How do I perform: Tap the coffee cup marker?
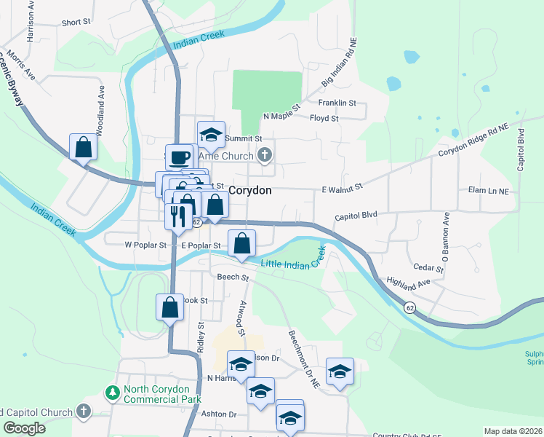(180, 157)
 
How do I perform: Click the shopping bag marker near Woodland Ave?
(84, 146)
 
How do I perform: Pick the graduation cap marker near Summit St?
(211, 133)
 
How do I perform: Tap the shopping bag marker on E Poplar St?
(242, 243)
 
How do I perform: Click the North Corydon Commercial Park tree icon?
(112, 393)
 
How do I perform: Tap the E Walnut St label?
(342, 189)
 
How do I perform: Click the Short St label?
(76, 23)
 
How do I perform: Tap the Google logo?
(24, 428)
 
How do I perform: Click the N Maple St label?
(281, 116)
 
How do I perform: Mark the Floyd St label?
(324, 118)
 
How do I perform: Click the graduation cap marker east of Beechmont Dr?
(339, 371)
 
